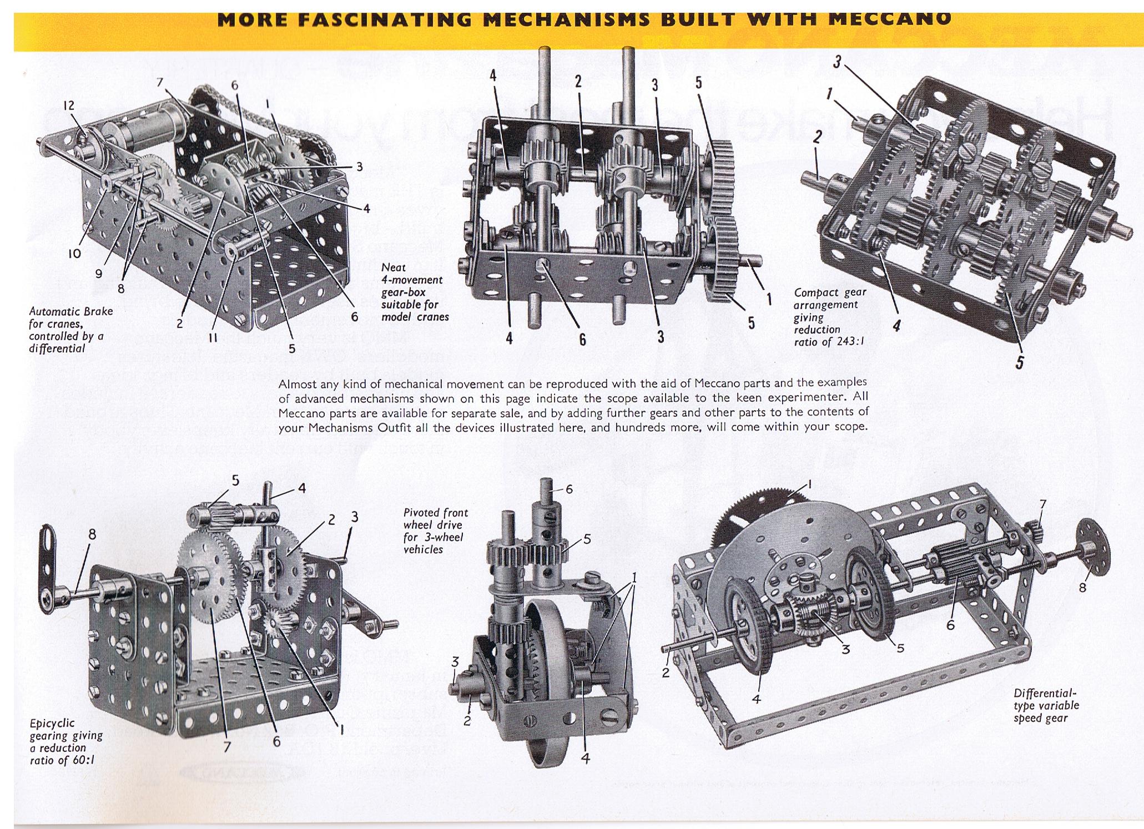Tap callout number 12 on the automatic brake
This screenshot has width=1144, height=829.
[68, 105]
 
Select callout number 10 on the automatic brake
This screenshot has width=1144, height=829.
[74, 253]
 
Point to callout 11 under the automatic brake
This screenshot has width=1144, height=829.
[212, 338]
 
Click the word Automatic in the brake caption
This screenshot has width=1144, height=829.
[54, 312]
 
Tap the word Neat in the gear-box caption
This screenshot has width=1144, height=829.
[393, 267]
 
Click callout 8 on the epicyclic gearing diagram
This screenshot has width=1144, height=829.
[92, 534]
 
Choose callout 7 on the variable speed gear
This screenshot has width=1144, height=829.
[1042, 504]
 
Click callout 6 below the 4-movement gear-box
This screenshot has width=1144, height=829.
[582, 339]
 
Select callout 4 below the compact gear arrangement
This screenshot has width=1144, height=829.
[896, 326]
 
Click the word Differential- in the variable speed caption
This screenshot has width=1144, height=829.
[1045, 694]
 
